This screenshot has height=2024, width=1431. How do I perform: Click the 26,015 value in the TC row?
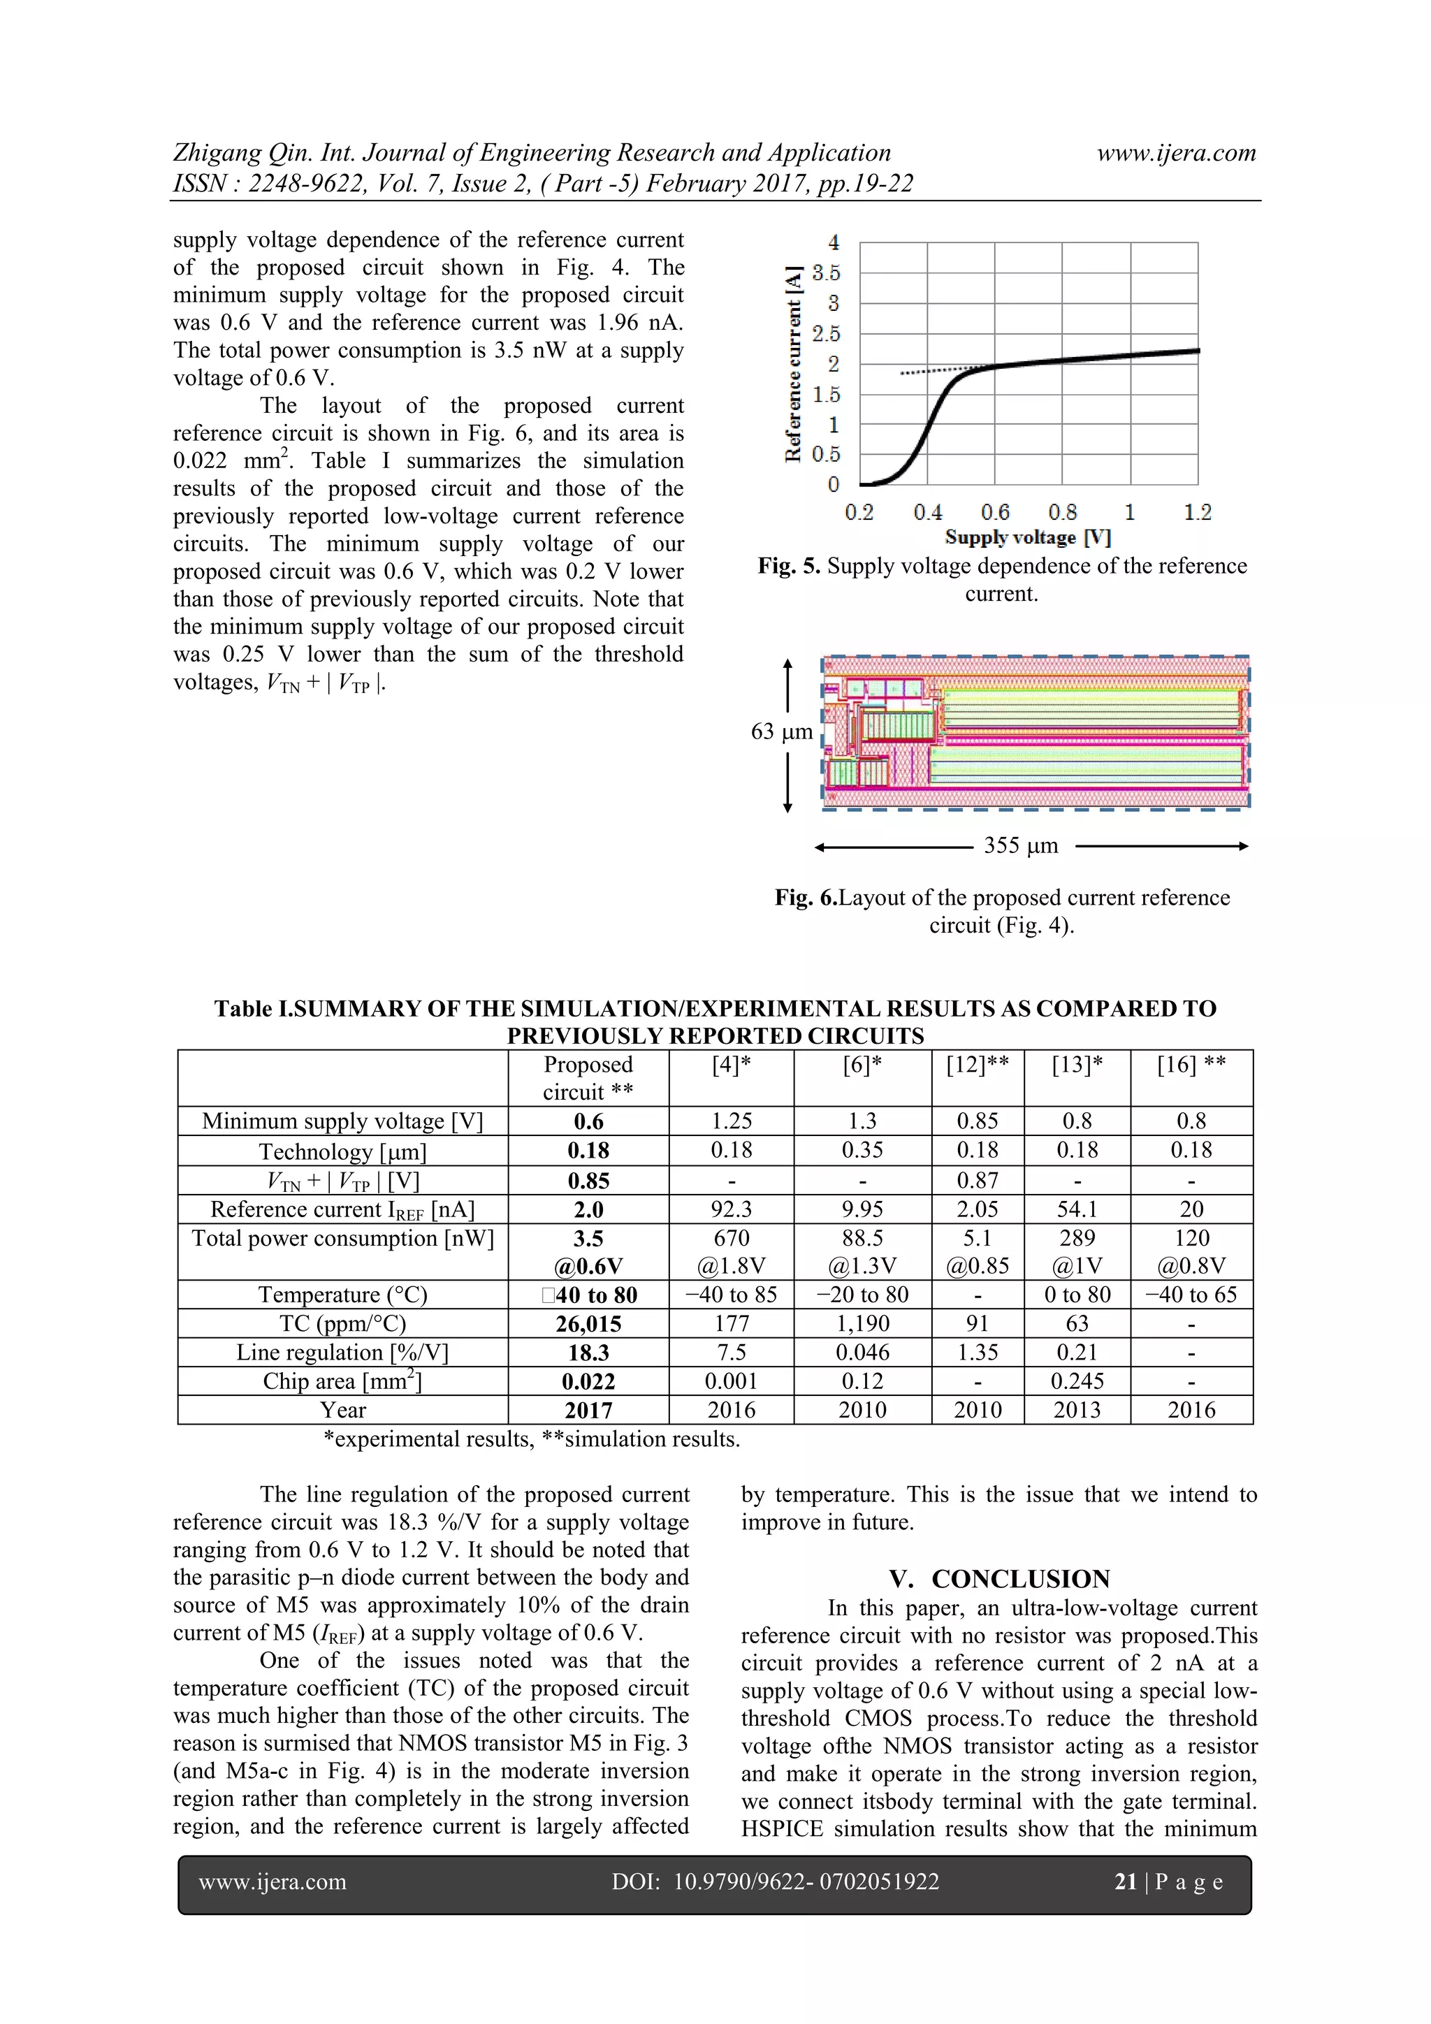coord(588,1323)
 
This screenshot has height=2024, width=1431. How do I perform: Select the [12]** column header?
coord(977,1065)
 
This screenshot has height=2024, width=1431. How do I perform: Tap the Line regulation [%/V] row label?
coord(342,1353)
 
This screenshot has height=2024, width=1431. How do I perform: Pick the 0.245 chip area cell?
coord(1077,1381)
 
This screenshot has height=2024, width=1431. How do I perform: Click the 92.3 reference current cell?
coord(731,1209)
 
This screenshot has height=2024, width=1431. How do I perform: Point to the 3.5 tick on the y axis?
coord(826,273)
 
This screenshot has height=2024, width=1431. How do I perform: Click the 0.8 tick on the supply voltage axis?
coord(1063,512)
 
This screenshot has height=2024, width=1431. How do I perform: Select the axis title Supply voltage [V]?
coord(1027,538)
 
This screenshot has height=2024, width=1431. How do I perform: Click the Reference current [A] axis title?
coord(794,363)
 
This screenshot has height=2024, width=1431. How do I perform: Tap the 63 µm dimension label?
coord(781,731)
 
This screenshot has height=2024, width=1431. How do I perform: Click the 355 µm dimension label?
coord(1020,845)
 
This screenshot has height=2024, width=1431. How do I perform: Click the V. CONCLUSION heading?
coord(999,1579)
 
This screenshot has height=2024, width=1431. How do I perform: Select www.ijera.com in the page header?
coord(1175,154)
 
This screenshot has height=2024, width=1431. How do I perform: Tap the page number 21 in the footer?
coord(1125,1882)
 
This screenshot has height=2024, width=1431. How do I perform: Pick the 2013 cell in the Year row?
coord(1077,1410)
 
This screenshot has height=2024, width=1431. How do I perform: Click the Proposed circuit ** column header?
coord(588,1078)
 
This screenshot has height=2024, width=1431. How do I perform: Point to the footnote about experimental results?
coord(532,1439)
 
